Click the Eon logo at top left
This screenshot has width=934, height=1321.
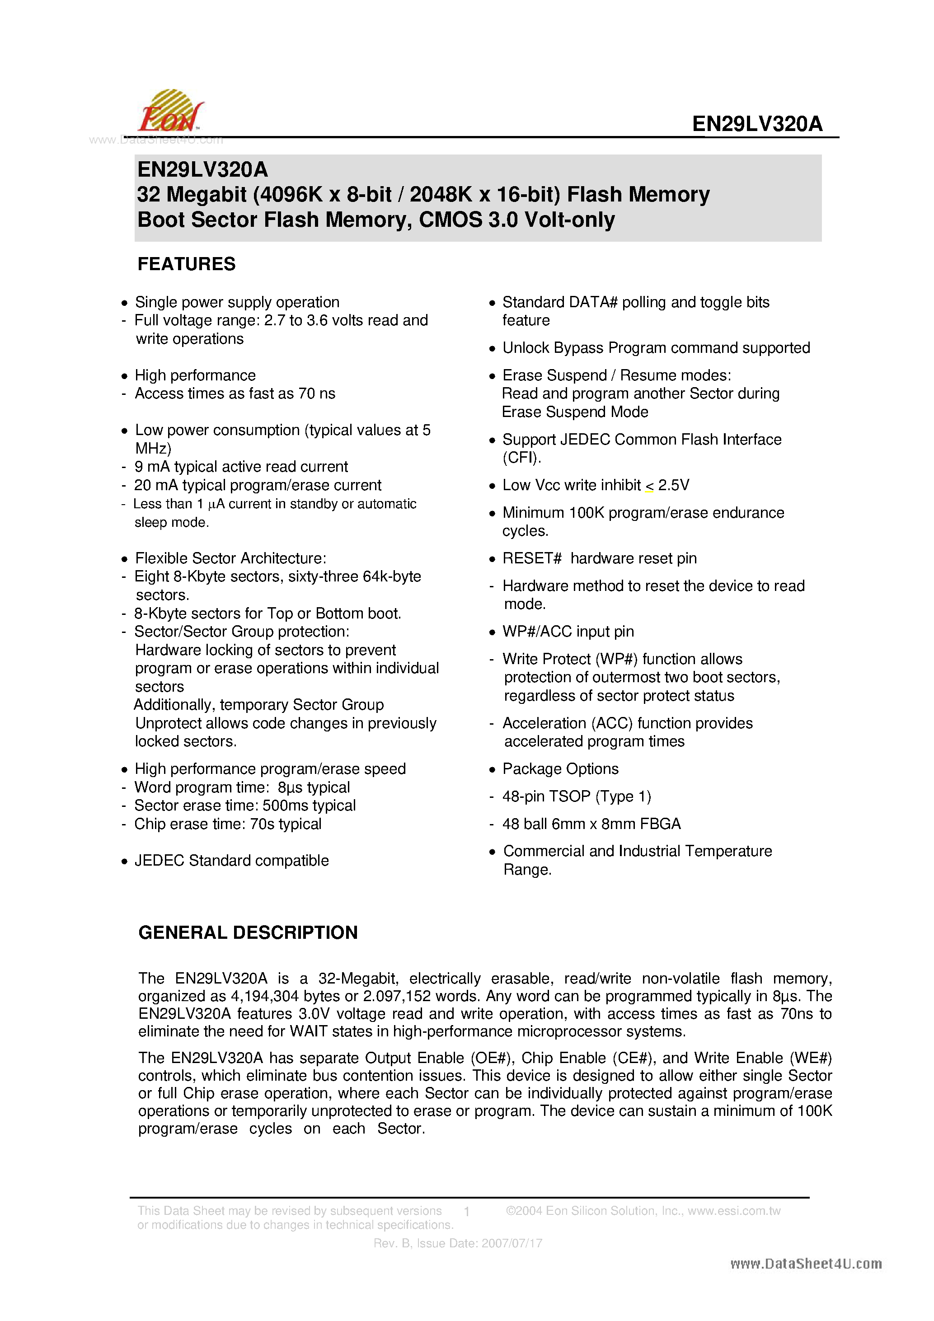(x=170, y=112)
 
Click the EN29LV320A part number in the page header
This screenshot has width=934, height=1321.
(x=757, y=124)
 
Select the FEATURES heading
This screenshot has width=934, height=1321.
(x=187, y=264)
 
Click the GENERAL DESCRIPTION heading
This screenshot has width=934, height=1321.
(x=248, y=932)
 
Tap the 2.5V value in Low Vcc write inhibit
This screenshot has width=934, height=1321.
(x=673, y=486)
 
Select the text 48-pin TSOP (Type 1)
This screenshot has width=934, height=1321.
(x=577, y=797)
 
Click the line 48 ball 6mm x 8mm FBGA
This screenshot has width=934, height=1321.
(x=591, y=824)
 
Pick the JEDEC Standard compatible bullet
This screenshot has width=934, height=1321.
(x=231, y=861)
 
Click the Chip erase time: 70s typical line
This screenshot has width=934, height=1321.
(x=228, y=824)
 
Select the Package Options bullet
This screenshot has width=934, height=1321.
(x=560, y=769)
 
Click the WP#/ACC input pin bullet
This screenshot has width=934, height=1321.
(x=568, y=632)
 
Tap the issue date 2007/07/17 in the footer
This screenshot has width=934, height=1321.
(x=512, y=1243)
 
